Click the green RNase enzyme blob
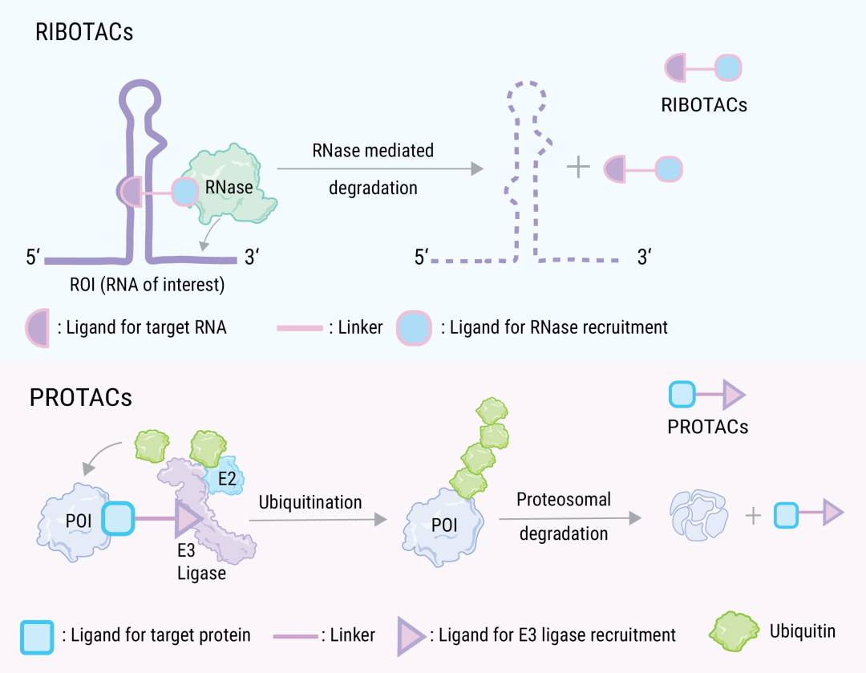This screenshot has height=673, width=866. pos(235,185)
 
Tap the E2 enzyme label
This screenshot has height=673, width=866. pos(227,479)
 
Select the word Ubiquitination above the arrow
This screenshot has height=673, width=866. pos(310,502)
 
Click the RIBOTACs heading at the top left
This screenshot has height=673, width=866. pos(84,32)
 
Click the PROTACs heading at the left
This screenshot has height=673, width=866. pos(81,398)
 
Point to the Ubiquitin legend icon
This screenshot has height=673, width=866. pos(734,631)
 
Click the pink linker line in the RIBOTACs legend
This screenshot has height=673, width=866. pos(300,328)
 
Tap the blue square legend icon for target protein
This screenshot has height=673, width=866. pos(37,638)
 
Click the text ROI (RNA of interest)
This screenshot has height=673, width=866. pos(147,285)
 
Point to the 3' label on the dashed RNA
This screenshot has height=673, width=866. pos(645,257)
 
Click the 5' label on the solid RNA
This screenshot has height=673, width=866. pos(33,257)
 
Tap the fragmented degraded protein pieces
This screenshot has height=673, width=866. pos(698,515)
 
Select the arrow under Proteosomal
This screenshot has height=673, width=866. pos(570,518)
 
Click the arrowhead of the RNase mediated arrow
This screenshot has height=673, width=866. pos(477,168)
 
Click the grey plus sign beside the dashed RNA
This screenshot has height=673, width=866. pos(578,167)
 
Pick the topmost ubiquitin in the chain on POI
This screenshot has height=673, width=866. pos(492,411)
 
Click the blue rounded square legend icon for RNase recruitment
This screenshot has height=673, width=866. pos(414,328)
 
